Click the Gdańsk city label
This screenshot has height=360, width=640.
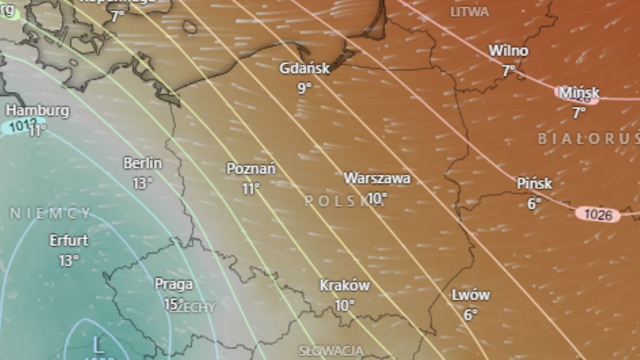pos(305,68)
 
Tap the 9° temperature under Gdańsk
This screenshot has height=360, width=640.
pos(305,88)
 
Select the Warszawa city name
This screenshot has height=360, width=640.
pos(377,178)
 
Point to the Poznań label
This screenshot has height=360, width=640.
pos(251,169)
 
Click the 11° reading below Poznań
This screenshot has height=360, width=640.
pos(251,188)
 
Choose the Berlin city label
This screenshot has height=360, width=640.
pos(142,163)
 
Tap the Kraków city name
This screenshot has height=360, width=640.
pos(345,286)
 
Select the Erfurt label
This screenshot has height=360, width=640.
pos(69,241)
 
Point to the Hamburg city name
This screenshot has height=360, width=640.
pos(37,111)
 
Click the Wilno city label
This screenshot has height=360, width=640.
pos(509,51)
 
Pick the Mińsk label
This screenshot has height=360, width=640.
pos(579,92)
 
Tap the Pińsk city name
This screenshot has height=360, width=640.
pos(534,183)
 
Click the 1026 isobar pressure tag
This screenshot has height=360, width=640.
pos(598,215)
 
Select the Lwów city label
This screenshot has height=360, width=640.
pos(470,295)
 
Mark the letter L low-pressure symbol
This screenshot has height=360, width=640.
pos(98,345)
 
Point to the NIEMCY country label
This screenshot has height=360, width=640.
pos(51,214)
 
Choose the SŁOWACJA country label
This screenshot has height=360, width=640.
pos(331,351)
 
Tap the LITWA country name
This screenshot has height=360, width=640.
pos(469,12)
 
